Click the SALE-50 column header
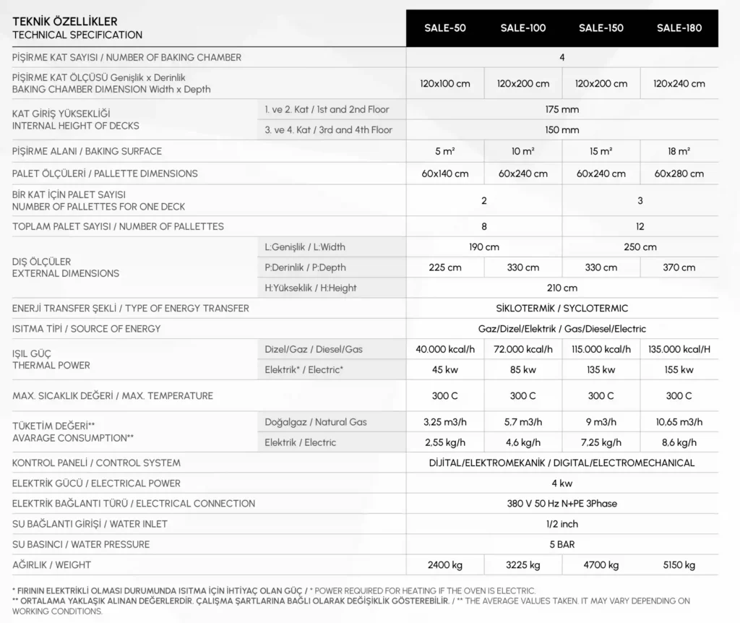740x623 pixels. [445, 28]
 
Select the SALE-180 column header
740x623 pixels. [679, 28]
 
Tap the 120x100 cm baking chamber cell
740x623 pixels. [445, 83]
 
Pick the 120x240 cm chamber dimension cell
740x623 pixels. [679, 83]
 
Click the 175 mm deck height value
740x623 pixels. [562, 110]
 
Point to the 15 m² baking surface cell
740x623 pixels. [601, 151]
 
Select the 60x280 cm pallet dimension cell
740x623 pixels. [679, 173]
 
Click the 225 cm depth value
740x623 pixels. [445, 267]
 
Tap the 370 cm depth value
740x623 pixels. [679, 267]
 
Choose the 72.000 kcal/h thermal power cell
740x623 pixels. [523, 349]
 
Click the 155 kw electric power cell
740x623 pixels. [679, 370]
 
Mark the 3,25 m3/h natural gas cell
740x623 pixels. [445, 422]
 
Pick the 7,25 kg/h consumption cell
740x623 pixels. [601, 442]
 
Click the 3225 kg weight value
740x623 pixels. [523, 564]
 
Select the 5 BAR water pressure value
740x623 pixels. [562, 544]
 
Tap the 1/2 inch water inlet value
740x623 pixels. [562, 524]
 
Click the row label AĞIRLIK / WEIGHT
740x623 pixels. [52, 564]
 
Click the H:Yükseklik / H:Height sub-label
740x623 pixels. [311, 288]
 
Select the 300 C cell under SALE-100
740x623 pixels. [523, 395]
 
